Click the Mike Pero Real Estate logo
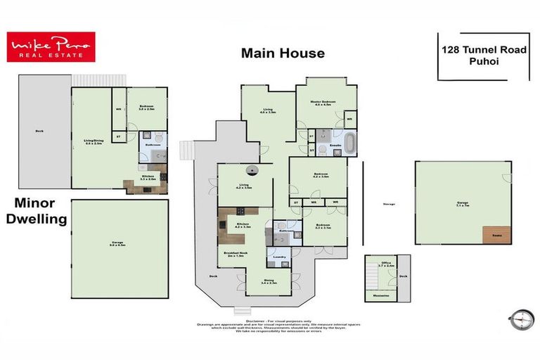point(51,47)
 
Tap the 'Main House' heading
point(283,53)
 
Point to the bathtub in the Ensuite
point(334,150)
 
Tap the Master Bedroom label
point(323,103)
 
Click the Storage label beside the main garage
point(389,204)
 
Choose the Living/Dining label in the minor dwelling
point(94,143)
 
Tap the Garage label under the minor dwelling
point(120,244)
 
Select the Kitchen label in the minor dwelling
point(148,177)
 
